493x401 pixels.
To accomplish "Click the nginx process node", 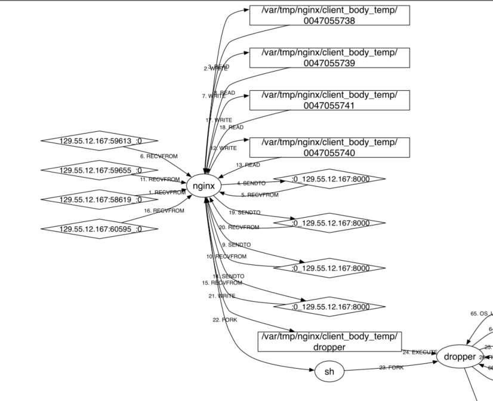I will point(204,186).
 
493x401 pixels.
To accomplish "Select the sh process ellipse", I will point(329,372).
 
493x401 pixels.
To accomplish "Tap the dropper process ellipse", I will point(460,357).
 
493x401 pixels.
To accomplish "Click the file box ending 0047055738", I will point(329,16).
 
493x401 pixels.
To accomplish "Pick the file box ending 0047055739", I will point(329,58).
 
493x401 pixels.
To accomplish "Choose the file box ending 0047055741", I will point(329,100).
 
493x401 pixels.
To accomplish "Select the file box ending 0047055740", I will point(329,147).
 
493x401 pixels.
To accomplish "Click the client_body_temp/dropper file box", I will point(329,342).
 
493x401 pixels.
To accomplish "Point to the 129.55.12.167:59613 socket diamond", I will point(99,141).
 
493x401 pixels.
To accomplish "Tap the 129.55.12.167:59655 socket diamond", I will point(99,171).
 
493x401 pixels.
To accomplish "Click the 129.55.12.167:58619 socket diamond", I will point(99,199).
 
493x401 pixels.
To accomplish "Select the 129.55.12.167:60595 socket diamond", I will point(99,229).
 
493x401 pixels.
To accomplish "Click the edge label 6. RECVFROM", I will point(158,156).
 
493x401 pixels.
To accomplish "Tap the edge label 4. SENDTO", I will point(251,183).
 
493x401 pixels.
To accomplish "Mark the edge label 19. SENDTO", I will point(245,212).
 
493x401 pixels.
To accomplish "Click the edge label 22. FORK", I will point(225,320).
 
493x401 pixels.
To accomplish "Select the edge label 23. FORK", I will point(391,368).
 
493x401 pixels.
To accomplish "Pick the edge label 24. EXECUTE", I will point(420,352).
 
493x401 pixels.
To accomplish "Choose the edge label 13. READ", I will point(248,165).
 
